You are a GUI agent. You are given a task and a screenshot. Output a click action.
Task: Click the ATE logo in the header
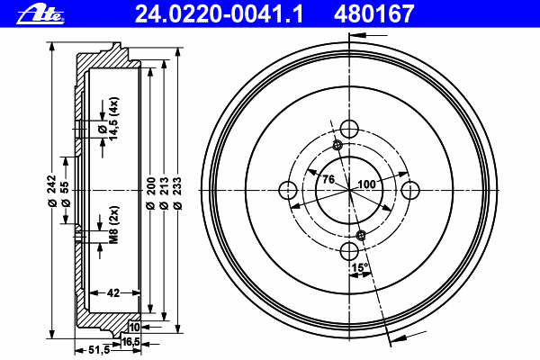coord(40,14)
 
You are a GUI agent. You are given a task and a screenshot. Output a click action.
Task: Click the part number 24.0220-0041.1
coord(220,13)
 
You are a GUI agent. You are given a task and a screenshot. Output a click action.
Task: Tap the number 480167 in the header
coord(374,13)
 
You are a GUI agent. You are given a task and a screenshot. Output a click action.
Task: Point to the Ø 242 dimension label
coord(52,191)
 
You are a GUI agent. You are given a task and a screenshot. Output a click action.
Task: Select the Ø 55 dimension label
coord(65,194)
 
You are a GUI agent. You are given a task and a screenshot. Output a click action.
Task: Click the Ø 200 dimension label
coord(150,193)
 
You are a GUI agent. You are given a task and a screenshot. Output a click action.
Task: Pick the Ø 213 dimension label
coord(165,193)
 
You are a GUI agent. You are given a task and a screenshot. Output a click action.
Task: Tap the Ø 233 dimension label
coord(177,193)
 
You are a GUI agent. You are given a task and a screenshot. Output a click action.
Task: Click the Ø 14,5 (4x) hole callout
coord(108,119)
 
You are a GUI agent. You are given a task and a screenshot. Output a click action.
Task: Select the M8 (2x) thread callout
coord(114,225)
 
